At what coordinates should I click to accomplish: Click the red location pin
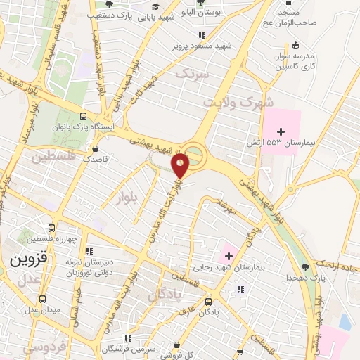pos(181,165)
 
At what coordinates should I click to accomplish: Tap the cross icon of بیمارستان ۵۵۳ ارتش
pos(281,131)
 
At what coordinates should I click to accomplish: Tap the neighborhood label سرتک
pos(193,73)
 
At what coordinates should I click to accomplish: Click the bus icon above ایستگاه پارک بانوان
pos(84,117)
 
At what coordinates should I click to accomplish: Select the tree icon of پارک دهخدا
pos(304,267)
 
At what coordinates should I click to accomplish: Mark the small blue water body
pos(345,322)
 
